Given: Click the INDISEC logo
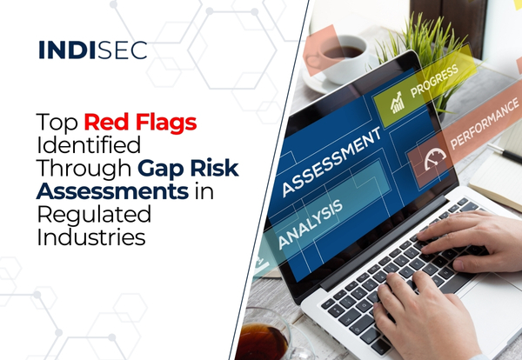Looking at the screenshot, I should (x=92, y=50).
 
